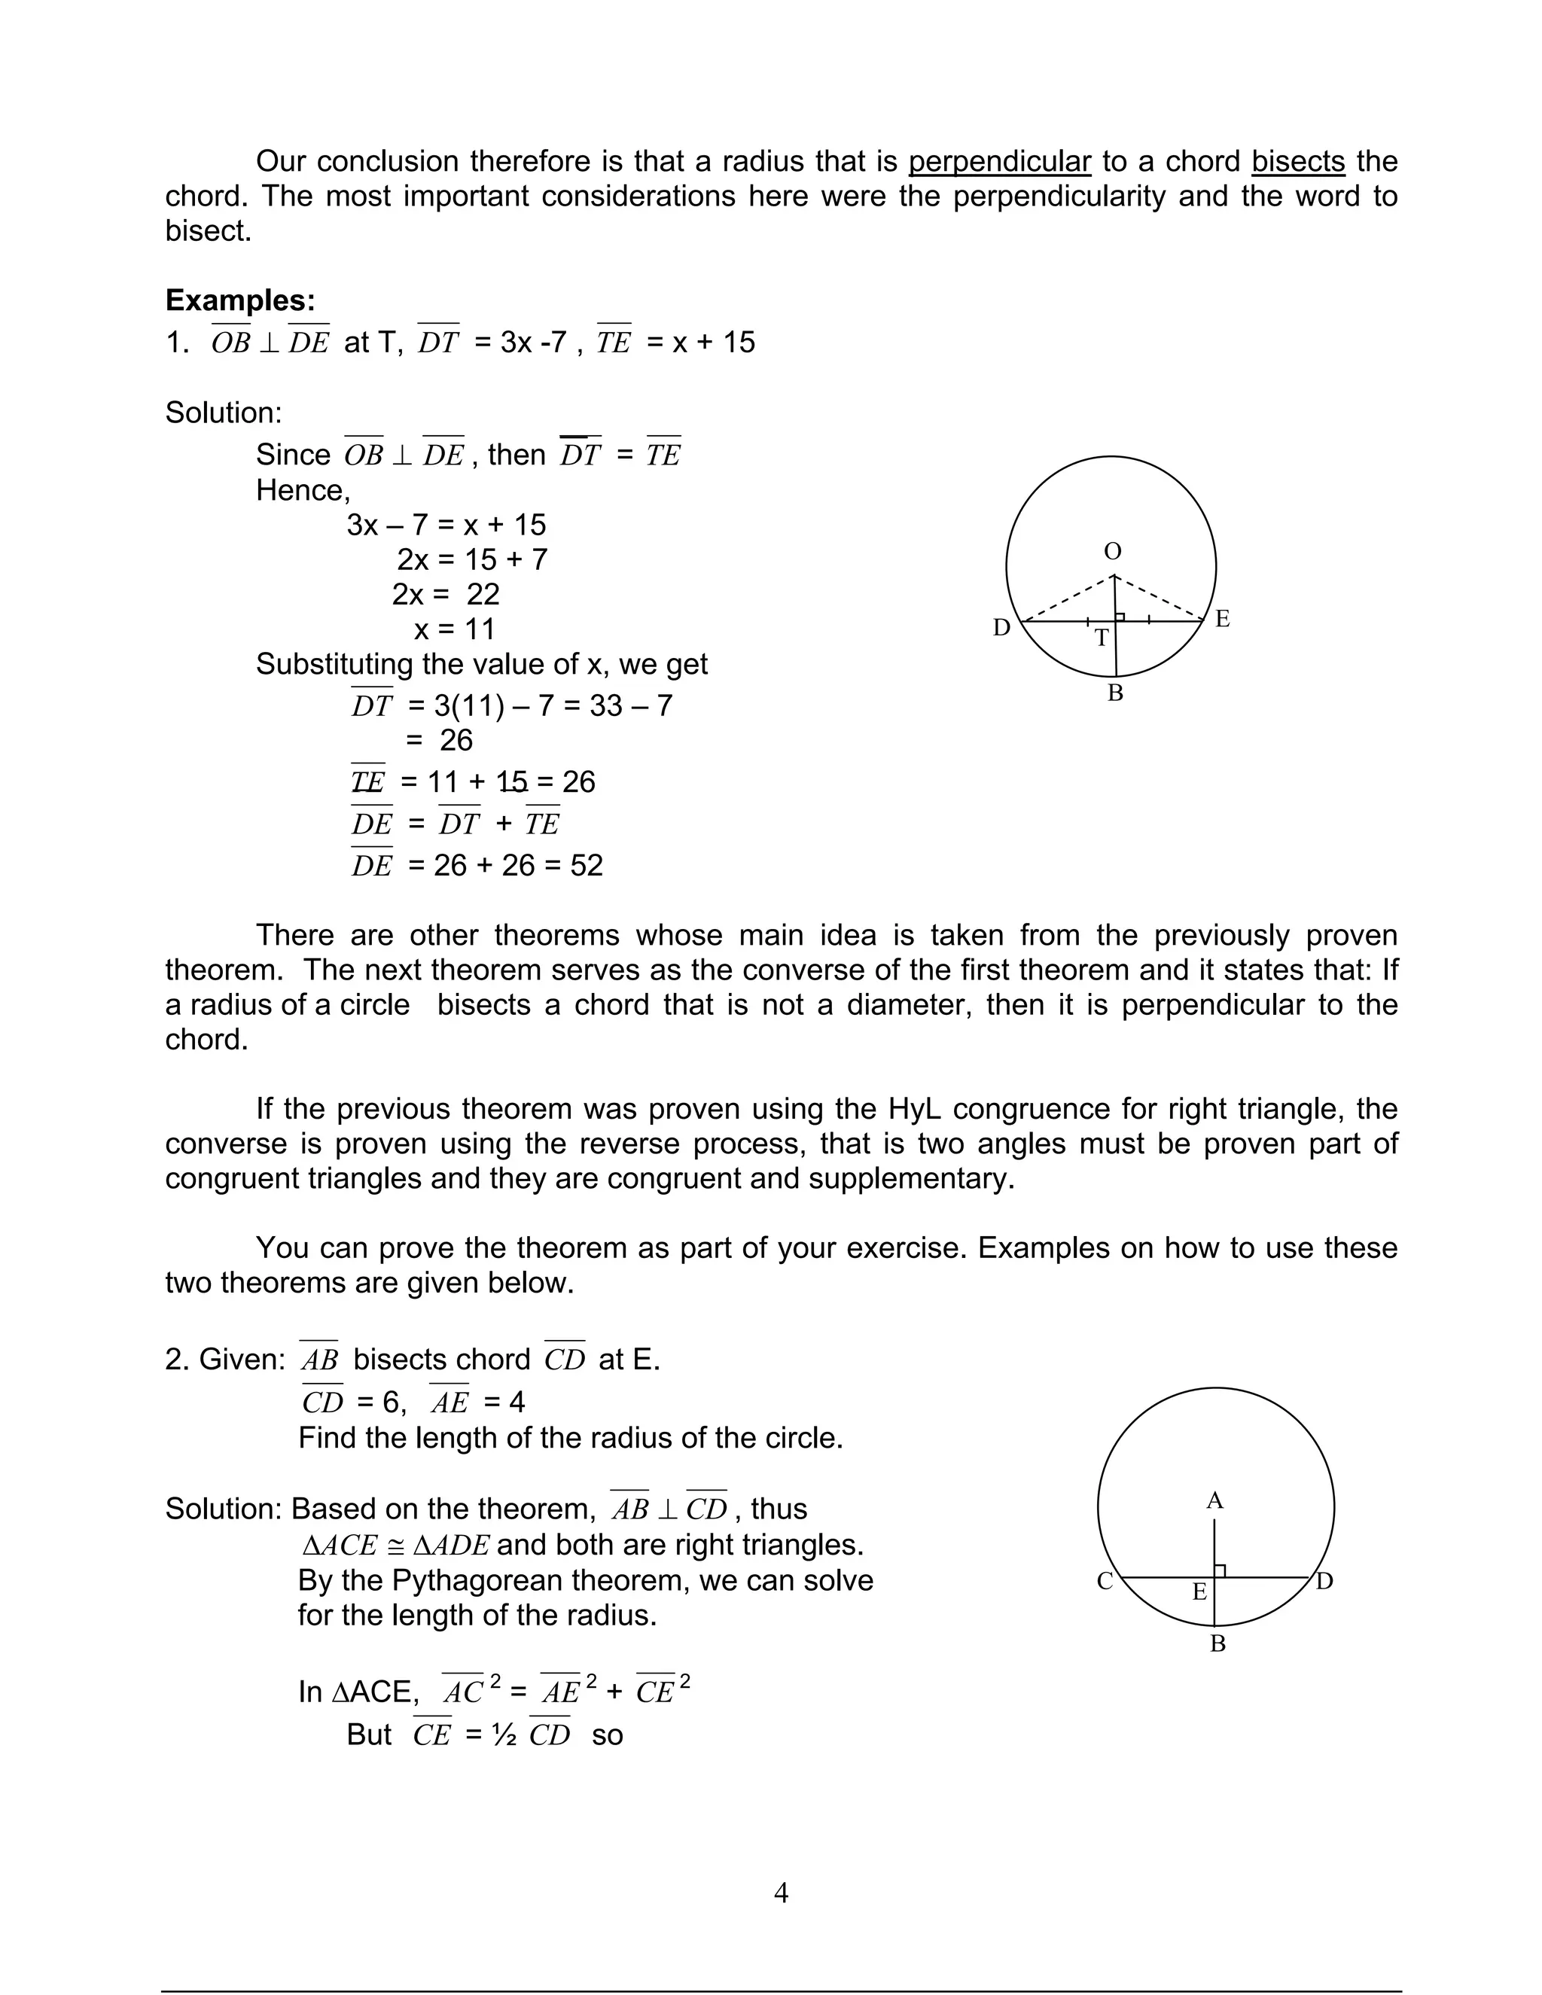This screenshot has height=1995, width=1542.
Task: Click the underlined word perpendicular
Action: tap(999, 162)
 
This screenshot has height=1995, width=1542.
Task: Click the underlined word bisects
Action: tap(1297, 162)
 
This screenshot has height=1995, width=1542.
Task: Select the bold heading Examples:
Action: tap(240, 300)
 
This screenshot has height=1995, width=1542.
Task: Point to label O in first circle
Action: tap(1113, 552)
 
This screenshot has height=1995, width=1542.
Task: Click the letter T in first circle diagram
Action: tap(1102, 638)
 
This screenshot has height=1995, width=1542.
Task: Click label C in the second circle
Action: tap(1105, 1581)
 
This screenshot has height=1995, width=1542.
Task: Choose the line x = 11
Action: tap(454, 629)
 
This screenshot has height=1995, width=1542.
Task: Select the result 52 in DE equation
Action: tap(587, 865)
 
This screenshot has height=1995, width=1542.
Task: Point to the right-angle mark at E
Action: tap(1220, 1570)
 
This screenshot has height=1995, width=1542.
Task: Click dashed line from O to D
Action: tap(1067, 599)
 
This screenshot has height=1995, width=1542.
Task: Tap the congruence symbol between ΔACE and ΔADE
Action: tap(395, 1546)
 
